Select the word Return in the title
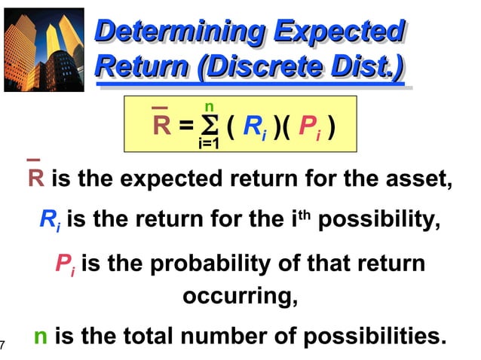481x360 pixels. [140, 67]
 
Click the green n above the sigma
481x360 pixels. [208, 107]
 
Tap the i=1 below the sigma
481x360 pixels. [208, 143]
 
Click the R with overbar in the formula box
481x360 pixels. [161, 124]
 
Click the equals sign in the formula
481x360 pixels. [185, 126]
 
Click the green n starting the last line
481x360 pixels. [41, 337]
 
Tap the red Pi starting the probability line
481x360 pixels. [66, 264]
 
